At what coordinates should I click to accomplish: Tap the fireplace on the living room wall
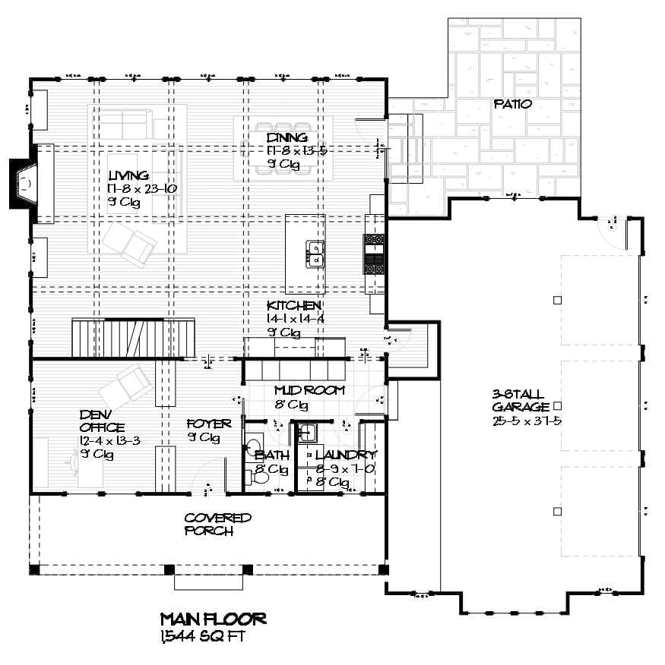pos(23,183)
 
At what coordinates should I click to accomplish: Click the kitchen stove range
pos(374,254)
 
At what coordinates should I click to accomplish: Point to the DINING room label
pos(287,137)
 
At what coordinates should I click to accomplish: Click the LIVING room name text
pos(128,175)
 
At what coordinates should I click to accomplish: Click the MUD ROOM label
pos(309,390)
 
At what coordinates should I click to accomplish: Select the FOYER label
pos(209,424)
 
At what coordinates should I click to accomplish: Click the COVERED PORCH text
pos(217,524)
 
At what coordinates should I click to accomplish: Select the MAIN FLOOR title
pos(213,619)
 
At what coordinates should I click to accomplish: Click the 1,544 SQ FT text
pos(203,636)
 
